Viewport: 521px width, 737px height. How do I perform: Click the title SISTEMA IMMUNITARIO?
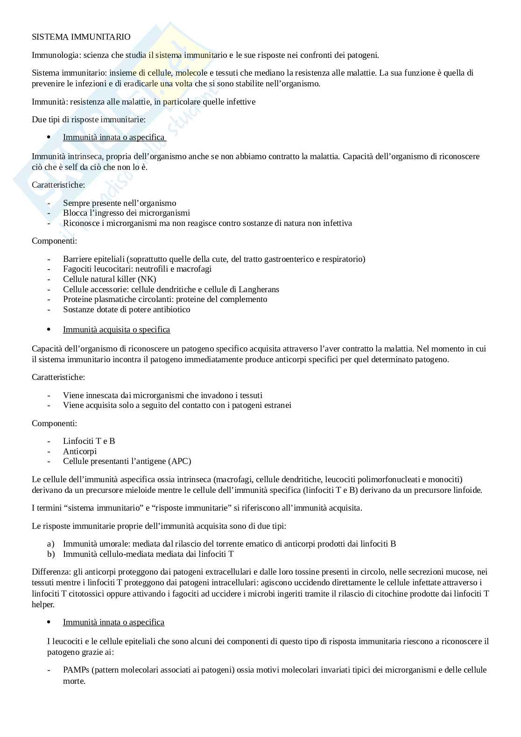[81, 37]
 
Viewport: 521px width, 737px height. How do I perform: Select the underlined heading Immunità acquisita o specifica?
[116, 330]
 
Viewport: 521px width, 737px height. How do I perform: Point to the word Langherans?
[259, 289]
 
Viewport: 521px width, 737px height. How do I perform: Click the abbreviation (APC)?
[181, 461]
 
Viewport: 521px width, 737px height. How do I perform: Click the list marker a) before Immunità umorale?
[50, 544]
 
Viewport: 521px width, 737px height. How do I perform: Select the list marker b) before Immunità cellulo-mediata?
[50, 554]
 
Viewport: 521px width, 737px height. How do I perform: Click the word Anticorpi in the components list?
[80, 451]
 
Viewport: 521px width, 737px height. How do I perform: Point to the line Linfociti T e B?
[89, 441]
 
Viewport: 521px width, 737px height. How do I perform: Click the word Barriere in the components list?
[77, 259]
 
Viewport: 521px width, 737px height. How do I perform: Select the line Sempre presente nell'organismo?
[120, 203]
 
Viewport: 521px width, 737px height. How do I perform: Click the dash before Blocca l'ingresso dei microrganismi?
[49, 213]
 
